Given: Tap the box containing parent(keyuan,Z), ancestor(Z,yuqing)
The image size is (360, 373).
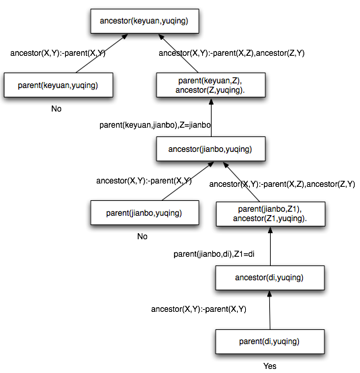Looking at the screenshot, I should (211, 85).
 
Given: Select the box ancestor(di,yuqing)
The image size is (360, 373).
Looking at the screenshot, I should (268, 278).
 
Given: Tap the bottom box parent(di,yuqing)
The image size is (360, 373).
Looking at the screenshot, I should (268, 341).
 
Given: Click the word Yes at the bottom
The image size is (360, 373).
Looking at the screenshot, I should (269, 366).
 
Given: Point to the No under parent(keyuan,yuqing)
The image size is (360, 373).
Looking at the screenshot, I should (56, 109).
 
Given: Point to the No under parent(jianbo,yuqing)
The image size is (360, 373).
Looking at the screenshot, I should (142, 237).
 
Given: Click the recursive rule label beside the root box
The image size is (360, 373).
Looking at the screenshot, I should (232, 52).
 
